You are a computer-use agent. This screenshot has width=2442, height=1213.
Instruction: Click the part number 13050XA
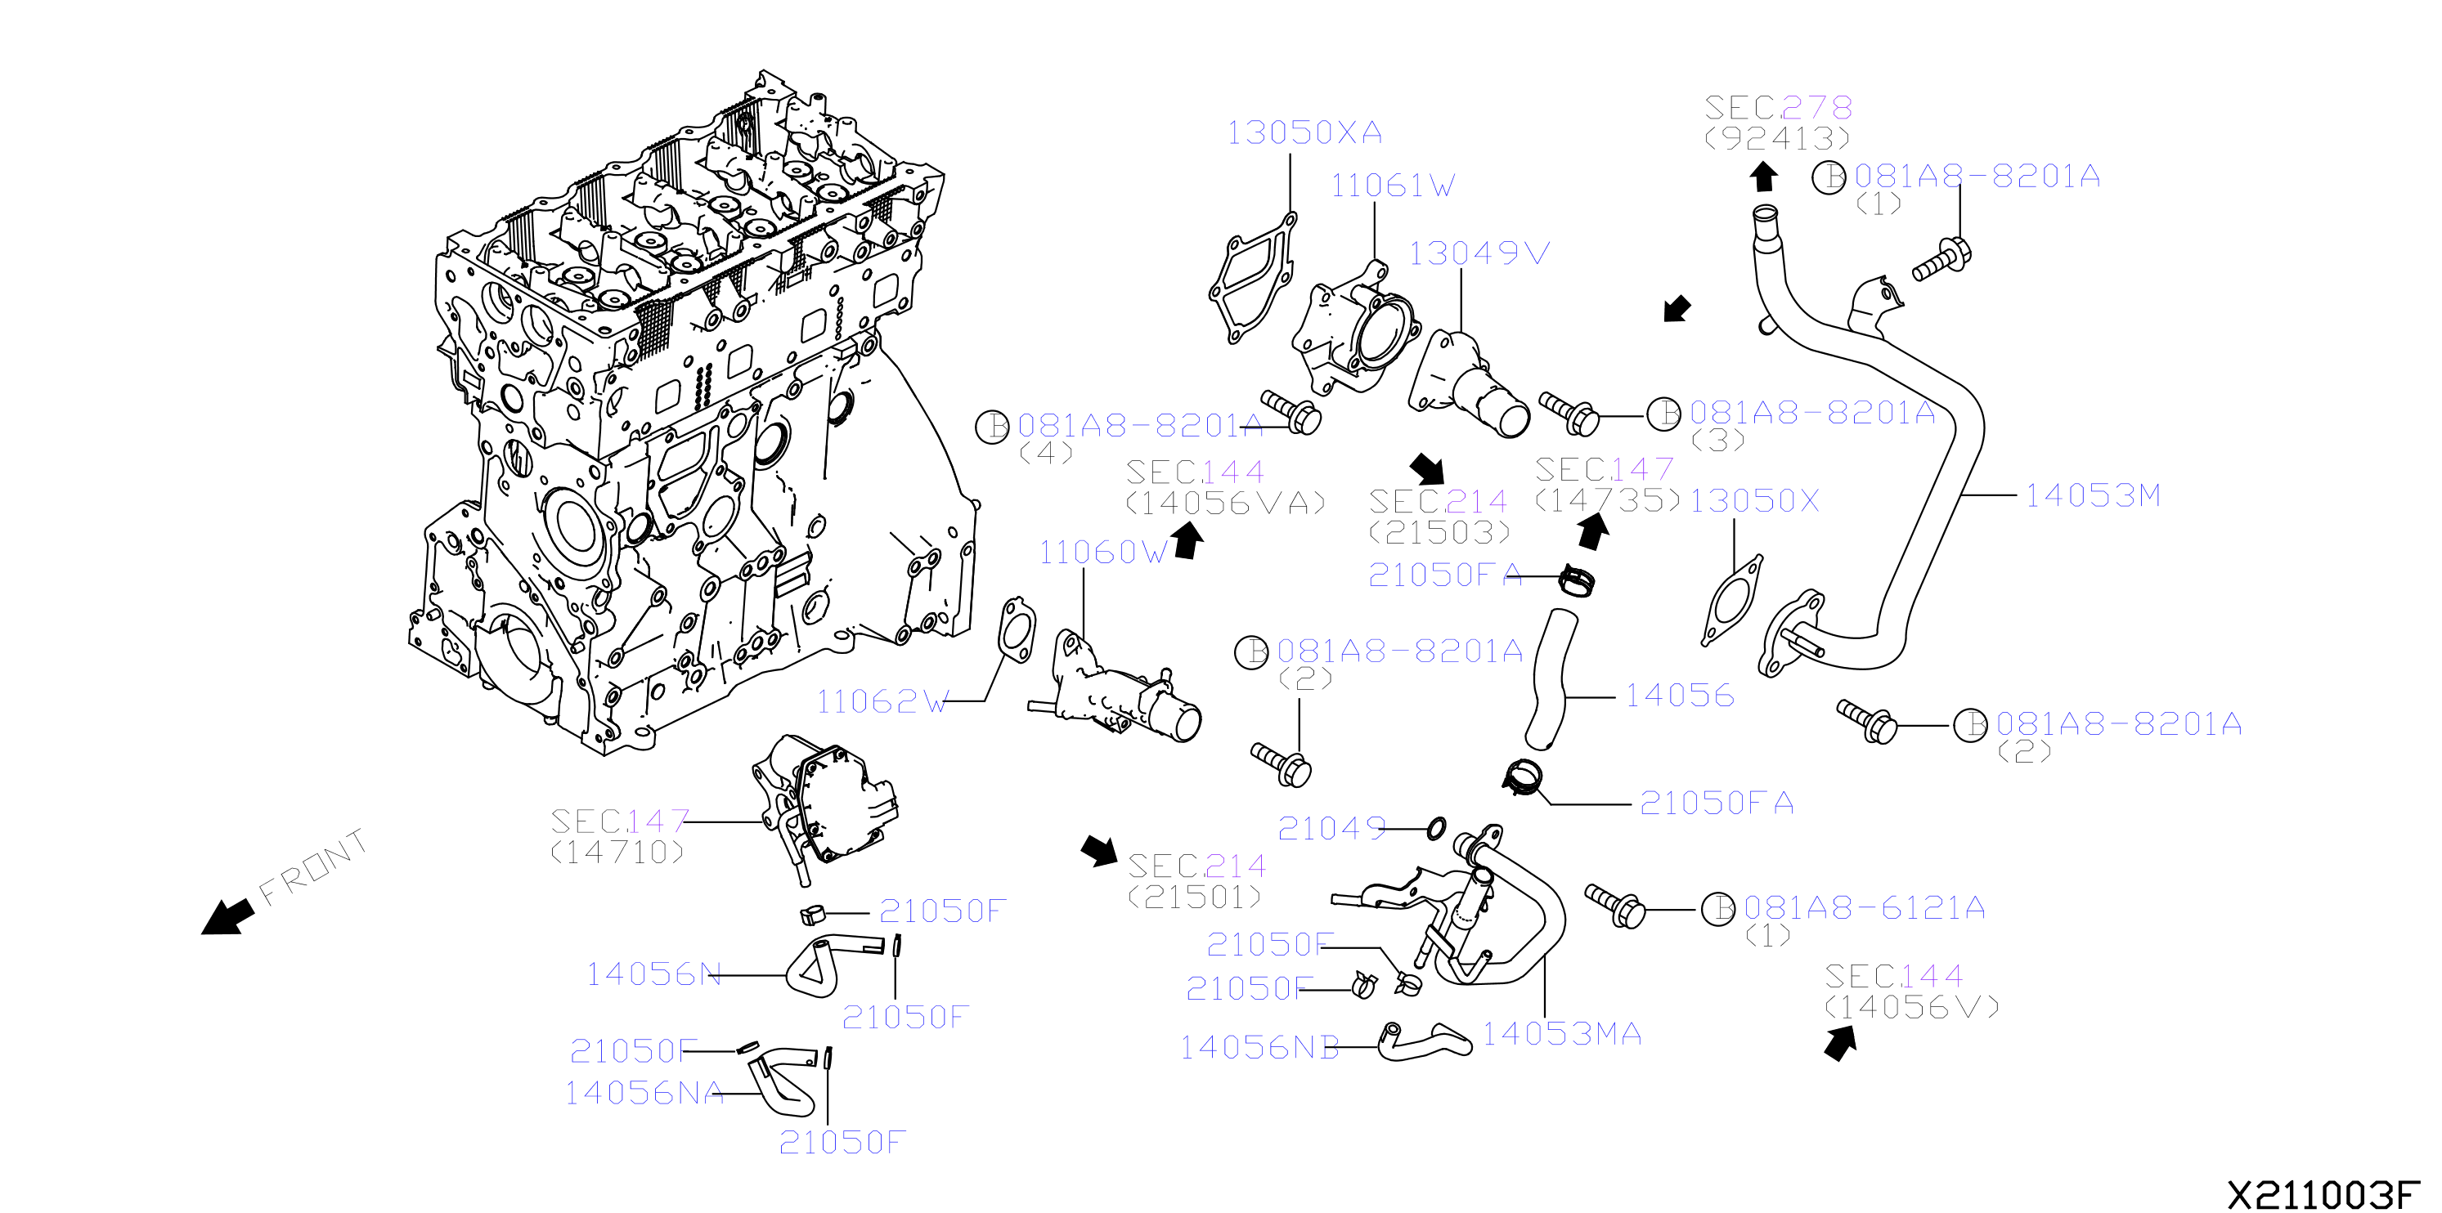tap(1304, 132)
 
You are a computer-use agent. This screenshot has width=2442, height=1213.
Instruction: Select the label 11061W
tap(1393, 186)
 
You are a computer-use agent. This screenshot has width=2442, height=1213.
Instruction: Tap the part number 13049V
tap(1479, 253)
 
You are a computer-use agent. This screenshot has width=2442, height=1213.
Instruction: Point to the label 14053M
tap(2093, 495)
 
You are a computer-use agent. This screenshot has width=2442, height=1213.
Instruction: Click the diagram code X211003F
tap(2323, 1194)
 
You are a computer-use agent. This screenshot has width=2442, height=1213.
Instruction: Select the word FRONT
tap(313, 866)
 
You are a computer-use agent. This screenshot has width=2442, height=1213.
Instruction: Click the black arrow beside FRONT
tap(228, 916)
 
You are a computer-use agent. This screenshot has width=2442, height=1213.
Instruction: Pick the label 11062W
tap(882, 701)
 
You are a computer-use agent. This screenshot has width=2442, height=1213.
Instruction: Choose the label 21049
tap(1332, 828)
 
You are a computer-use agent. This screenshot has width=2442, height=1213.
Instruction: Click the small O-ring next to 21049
tap(1436, 828)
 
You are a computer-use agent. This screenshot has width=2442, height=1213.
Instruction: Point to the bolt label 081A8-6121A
tap(1865, 908)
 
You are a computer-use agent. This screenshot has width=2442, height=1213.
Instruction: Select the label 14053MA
tap(1562, 1034)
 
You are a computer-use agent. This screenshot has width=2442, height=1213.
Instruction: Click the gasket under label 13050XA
tap(1252, 278)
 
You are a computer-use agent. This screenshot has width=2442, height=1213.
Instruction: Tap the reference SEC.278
tap(1779, 107)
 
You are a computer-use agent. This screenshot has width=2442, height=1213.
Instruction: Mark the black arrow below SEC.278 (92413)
tap(1763, 177)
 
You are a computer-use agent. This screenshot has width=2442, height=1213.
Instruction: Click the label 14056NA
tap(644, 1093)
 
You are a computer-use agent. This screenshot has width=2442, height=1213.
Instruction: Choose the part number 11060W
tap(1103, 553)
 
